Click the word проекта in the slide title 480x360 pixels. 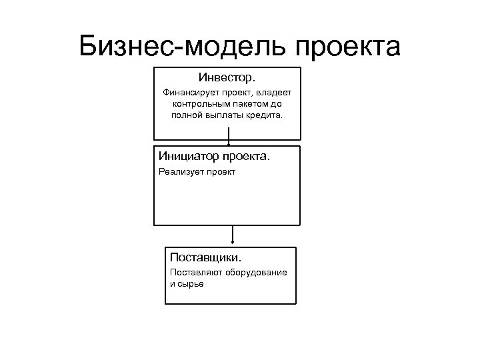click(x=347, y=46)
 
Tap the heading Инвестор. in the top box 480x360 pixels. click(x=227, y=79)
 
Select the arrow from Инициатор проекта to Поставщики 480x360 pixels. click(x=233, y=235)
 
